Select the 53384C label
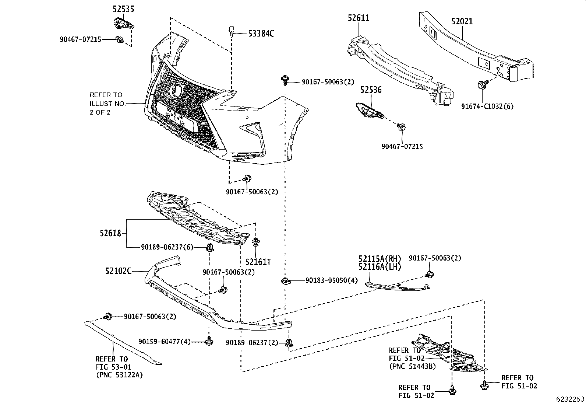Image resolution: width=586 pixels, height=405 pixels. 261,34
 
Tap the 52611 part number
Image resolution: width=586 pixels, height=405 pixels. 358,18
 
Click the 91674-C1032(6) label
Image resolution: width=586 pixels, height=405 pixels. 487,107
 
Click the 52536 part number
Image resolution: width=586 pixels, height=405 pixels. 371,90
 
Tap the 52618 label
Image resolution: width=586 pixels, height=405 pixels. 110,233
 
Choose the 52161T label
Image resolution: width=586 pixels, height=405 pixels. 258,262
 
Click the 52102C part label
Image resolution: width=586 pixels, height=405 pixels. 118,272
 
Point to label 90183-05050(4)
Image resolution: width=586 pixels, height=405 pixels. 331,280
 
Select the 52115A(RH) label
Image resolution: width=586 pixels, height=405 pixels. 380,259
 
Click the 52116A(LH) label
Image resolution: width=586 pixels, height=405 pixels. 380,267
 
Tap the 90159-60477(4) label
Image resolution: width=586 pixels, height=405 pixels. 165,342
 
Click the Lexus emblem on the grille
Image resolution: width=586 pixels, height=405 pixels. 178,89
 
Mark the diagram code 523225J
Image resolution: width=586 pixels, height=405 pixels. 570,399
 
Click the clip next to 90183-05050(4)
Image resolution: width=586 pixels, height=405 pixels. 285,281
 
